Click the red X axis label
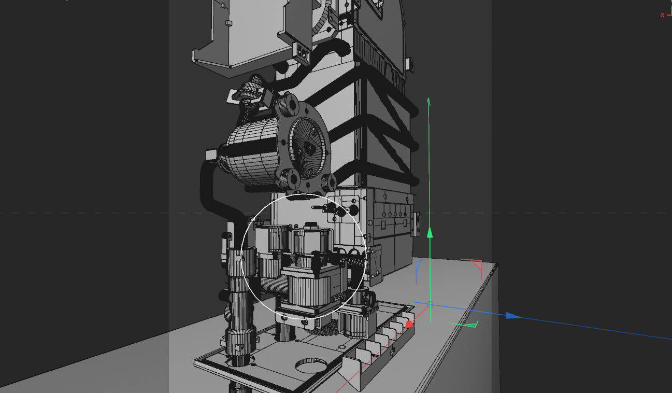662,15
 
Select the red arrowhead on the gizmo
409,325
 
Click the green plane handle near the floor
465,325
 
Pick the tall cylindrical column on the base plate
240,301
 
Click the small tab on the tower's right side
410,64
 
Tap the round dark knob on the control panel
354,209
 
